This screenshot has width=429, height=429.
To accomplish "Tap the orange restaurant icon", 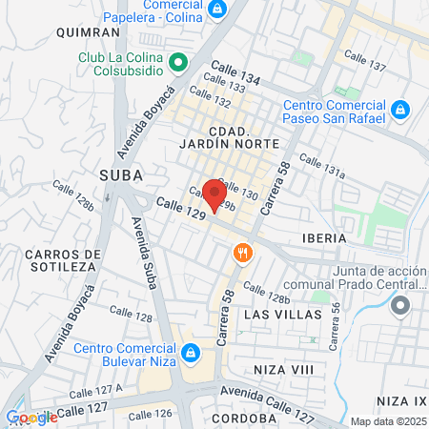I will coord(243,253).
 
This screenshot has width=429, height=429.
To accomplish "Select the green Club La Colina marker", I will coord(177,64).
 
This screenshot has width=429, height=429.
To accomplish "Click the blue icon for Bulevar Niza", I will coord(192,352).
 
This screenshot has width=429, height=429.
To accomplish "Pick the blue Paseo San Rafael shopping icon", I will coord(400,110).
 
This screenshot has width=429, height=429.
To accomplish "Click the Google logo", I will coord(31,418).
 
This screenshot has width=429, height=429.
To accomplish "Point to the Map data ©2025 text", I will coord(388,421).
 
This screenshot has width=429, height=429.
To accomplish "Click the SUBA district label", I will coord(120,175).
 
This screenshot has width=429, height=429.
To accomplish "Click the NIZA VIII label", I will coord(283,368).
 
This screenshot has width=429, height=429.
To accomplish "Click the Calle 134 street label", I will coord(235,71).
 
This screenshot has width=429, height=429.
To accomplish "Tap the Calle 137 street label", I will coord(367,67).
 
